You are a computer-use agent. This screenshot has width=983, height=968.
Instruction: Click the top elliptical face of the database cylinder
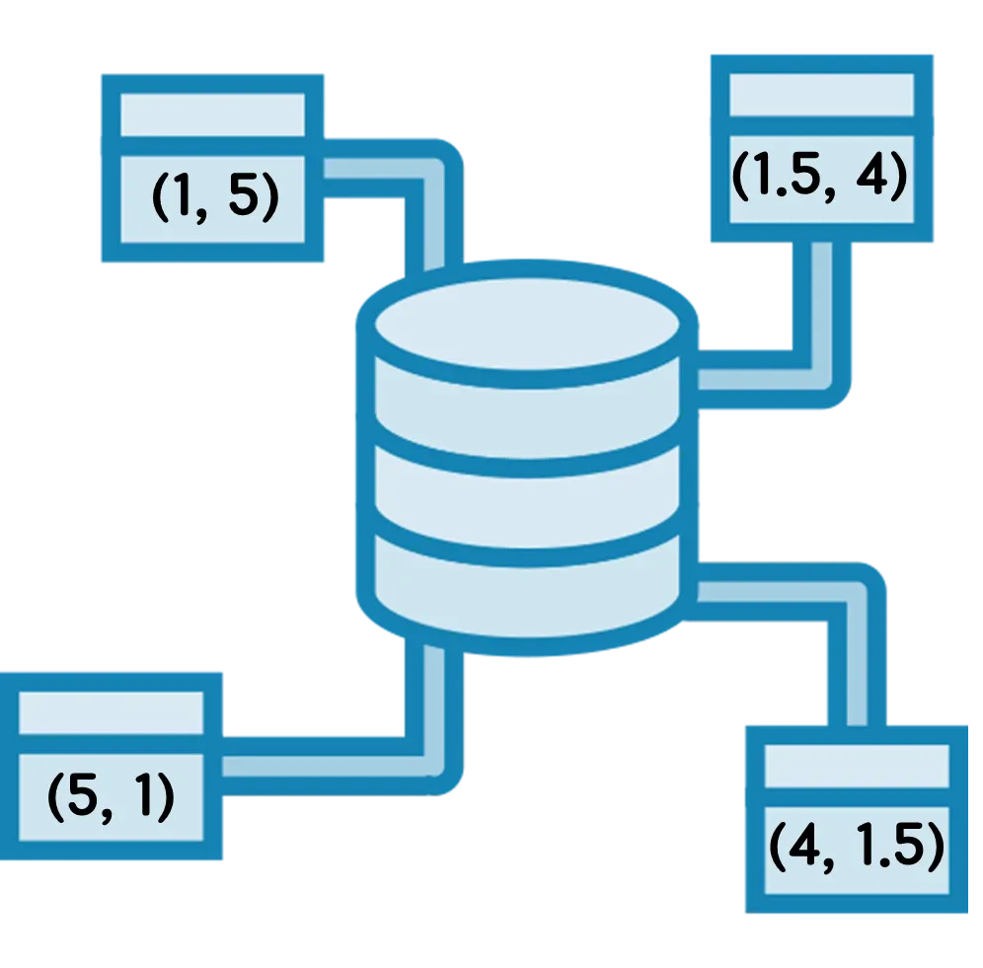[x=527, y=324]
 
